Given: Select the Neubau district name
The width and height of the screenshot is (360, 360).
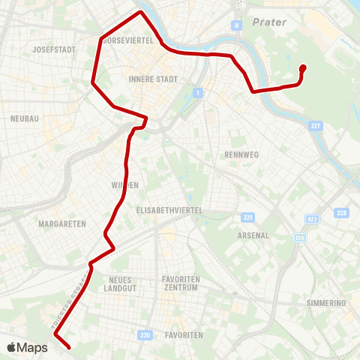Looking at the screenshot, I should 25,118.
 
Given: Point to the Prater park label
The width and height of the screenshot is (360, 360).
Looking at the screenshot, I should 270,22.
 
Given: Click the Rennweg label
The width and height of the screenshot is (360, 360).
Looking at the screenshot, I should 241,154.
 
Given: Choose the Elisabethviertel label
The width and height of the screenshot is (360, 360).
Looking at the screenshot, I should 170,211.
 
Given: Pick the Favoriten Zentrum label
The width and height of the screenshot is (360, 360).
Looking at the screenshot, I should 180,283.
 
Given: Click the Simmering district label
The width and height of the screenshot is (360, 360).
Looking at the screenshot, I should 326,303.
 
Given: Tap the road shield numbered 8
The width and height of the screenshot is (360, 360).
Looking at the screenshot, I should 238,25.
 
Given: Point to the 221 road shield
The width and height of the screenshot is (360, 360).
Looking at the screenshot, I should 248,217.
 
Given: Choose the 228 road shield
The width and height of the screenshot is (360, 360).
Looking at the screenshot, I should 342,213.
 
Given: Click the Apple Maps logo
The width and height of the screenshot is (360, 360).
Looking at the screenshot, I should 27,347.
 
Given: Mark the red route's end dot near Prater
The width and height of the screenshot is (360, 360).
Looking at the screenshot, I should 303,67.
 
